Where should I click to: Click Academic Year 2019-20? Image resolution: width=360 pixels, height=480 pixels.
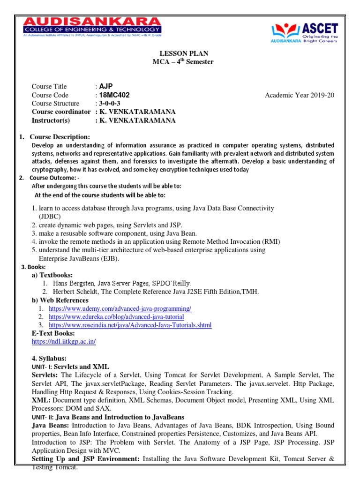[300, 95]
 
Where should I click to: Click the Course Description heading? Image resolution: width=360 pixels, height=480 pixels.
[60, 137]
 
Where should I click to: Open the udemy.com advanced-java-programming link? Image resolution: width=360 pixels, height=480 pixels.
[120, 308]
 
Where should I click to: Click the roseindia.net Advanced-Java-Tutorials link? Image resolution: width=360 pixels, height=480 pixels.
[130, 325]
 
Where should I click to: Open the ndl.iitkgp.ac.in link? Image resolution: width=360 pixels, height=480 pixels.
[64, 342]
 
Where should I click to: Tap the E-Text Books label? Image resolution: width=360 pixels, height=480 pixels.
[53, 333]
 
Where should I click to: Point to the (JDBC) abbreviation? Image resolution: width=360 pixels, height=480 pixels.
[46, 217]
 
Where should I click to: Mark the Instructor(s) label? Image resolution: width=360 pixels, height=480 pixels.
[51, 120]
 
